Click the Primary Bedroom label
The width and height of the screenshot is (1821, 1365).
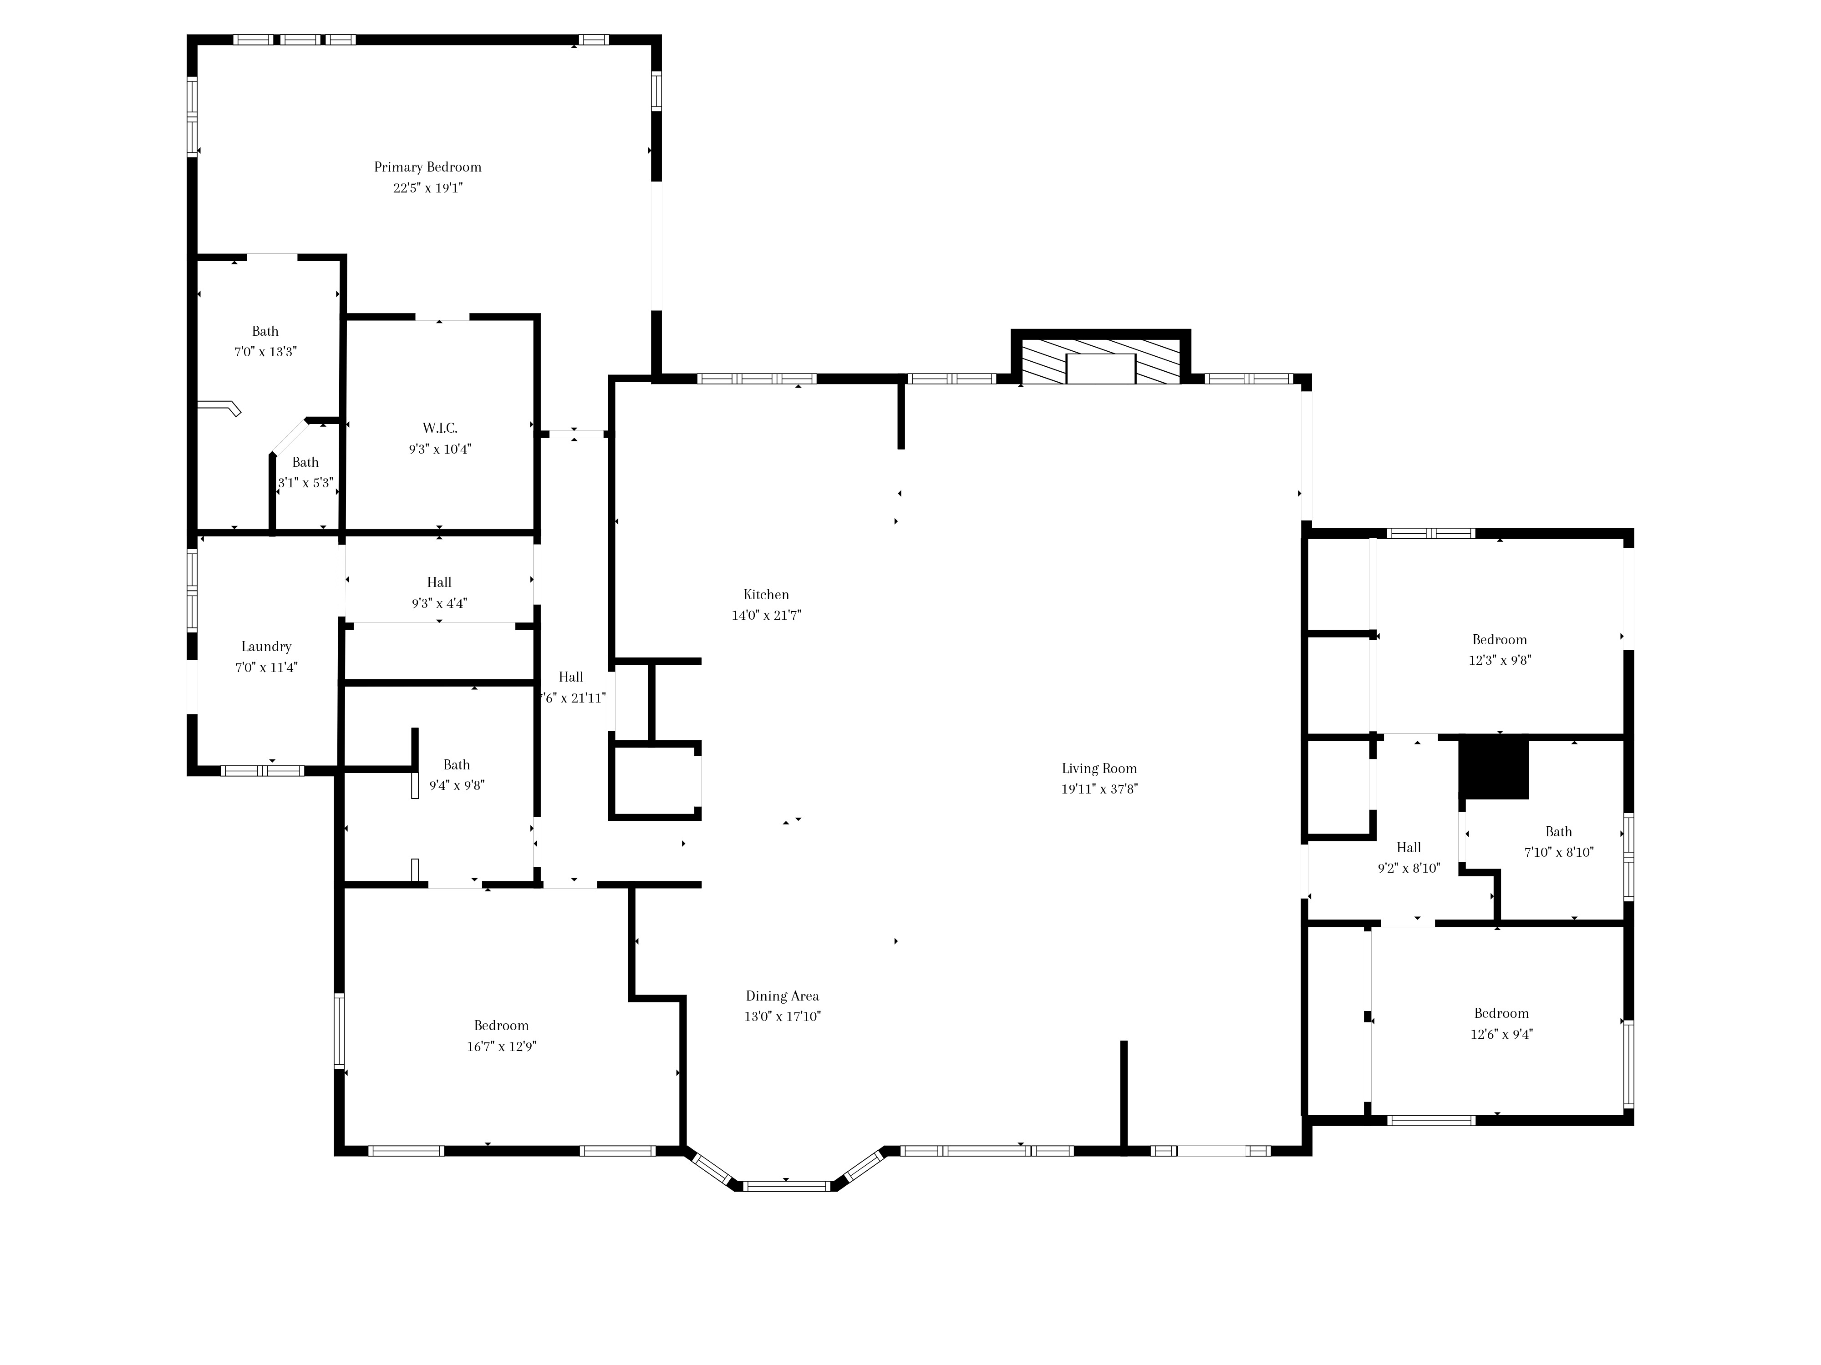click(x=427, y=167)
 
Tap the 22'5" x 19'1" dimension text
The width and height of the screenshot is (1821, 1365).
click(x=428, y=187)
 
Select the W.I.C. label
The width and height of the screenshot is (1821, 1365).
click(x=440, y=428)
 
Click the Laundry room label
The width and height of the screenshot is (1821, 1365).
click(x=266, y=647)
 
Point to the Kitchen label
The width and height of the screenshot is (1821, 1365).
click(x=767, y=594)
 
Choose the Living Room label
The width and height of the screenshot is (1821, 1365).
click(x=1099, y=768)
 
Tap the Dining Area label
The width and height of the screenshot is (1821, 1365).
click(x=782, y=996)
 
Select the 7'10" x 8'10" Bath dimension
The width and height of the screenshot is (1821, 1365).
click(x=1558, y=852)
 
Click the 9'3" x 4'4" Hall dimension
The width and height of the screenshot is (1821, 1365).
click(x=440, y=603)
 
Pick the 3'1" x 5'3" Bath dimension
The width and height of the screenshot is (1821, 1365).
click(x=305, y=483)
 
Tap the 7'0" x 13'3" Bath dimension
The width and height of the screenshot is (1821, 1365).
click(x=265, y=351)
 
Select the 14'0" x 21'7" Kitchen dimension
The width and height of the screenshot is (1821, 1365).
click(x=767, y=615)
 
